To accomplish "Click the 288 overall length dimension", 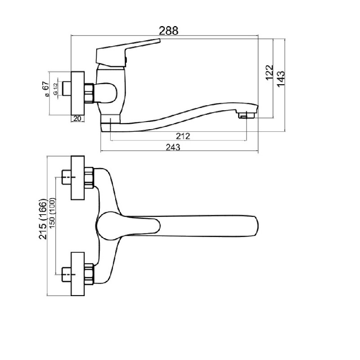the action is [168, 31].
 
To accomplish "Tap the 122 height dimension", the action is [270, 72].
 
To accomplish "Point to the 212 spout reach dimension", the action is [183, 136].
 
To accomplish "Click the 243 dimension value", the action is [173, 147].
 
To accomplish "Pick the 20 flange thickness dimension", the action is [77, 118].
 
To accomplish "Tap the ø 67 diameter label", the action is [46, 89].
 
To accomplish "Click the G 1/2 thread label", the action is [55, 89].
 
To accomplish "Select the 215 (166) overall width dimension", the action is [43, 219].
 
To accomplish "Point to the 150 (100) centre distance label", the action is [52, 213].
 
